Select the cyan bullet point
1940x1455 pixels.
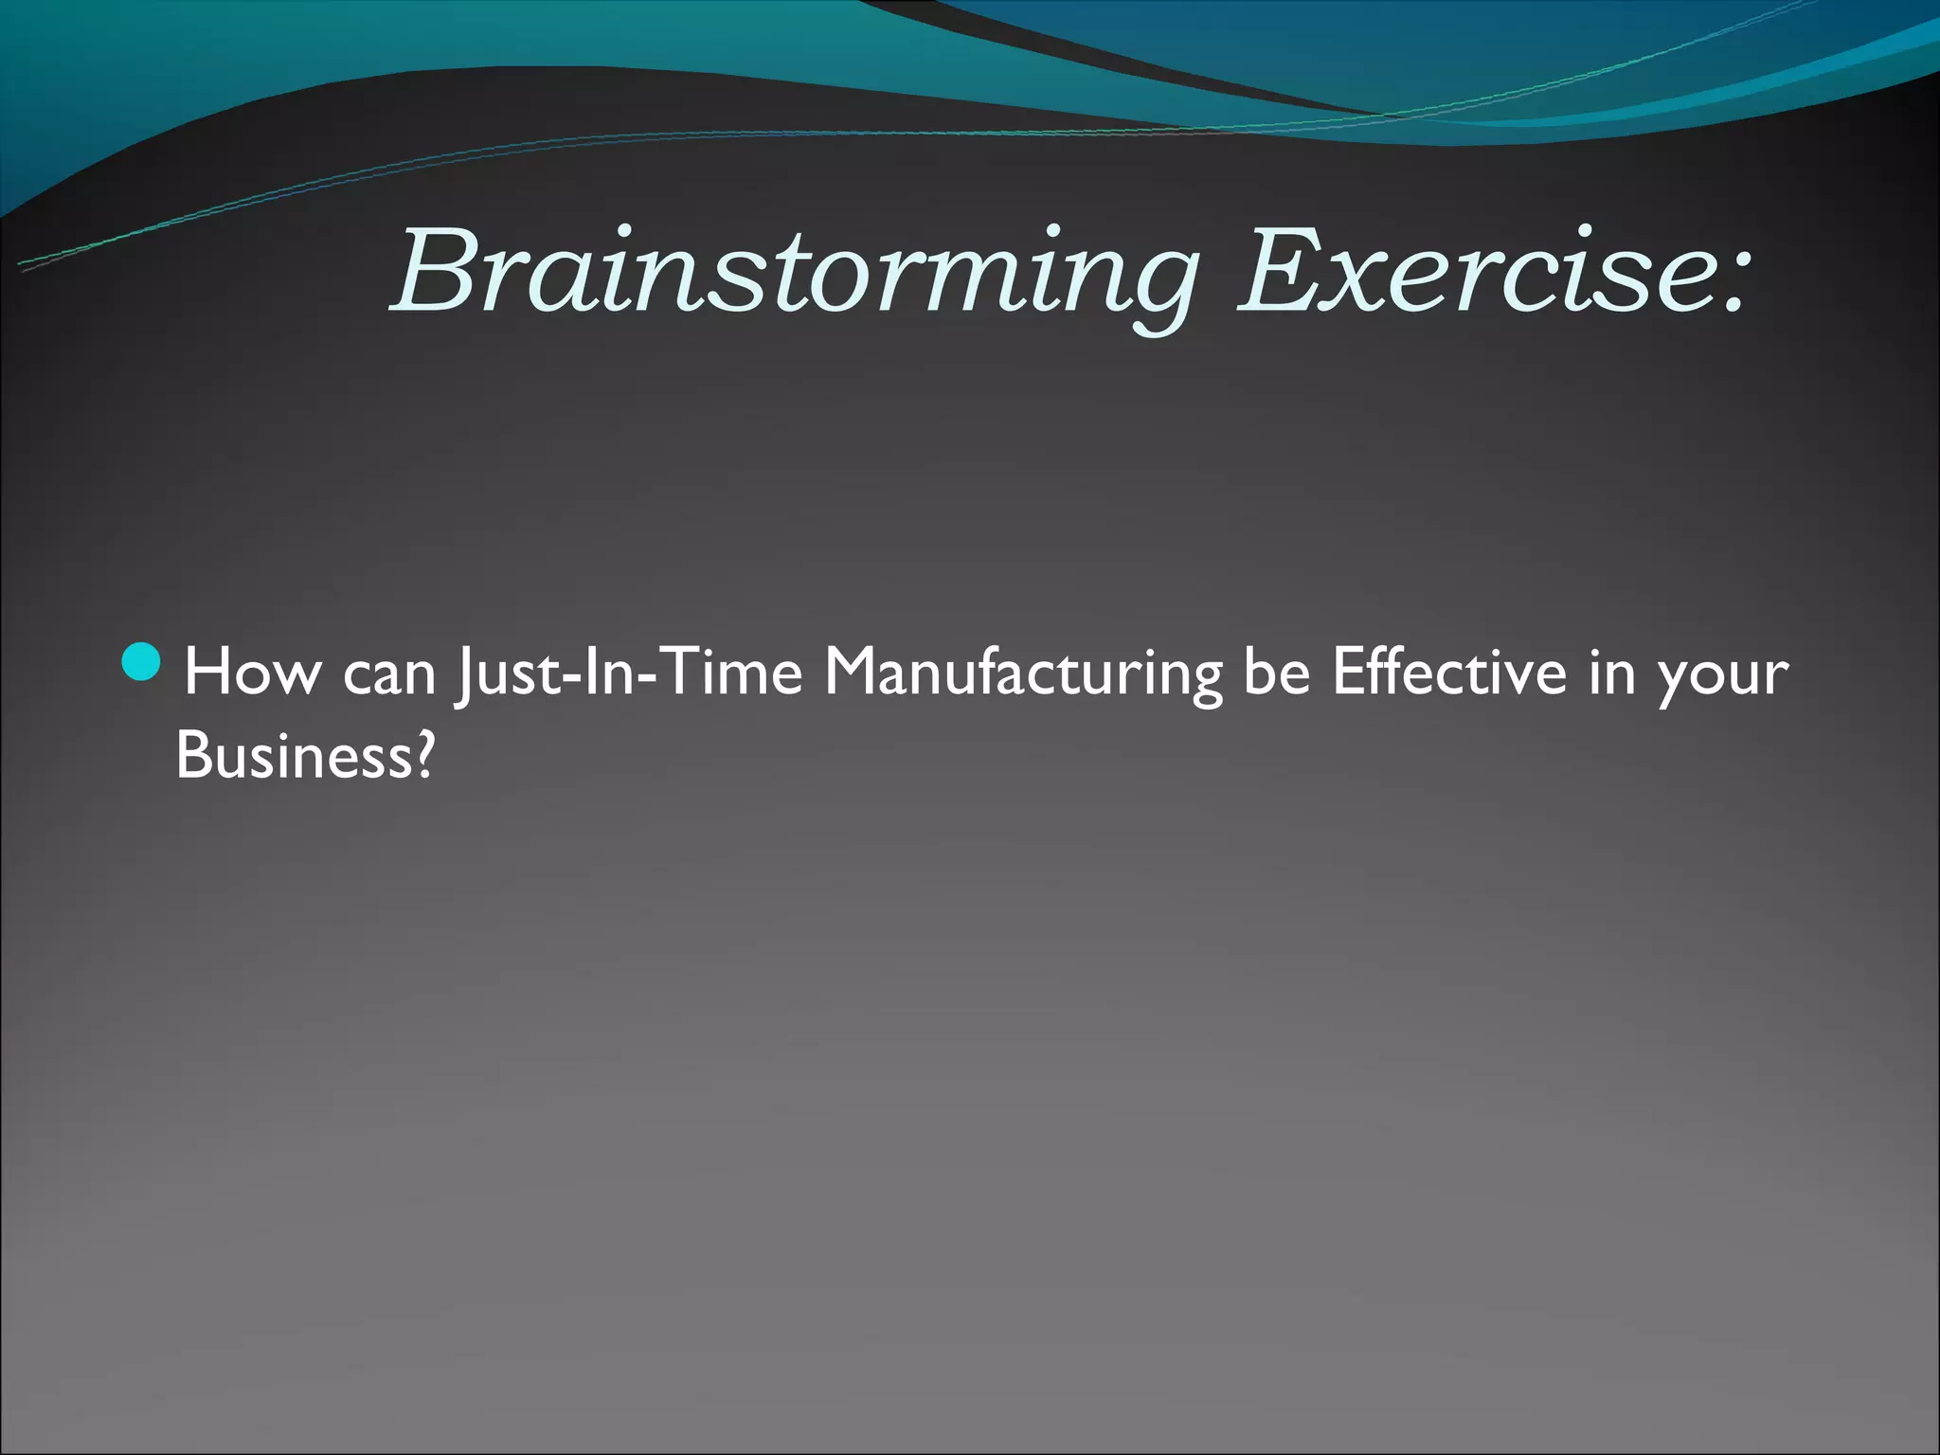145,660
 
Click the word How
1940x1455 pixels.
252,673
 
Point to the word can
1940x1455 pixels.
389,674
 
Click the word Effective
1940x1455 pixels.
1449,673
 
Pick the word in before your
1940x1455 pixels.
1611,673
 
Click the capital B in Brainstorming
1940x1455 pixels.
436,273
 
